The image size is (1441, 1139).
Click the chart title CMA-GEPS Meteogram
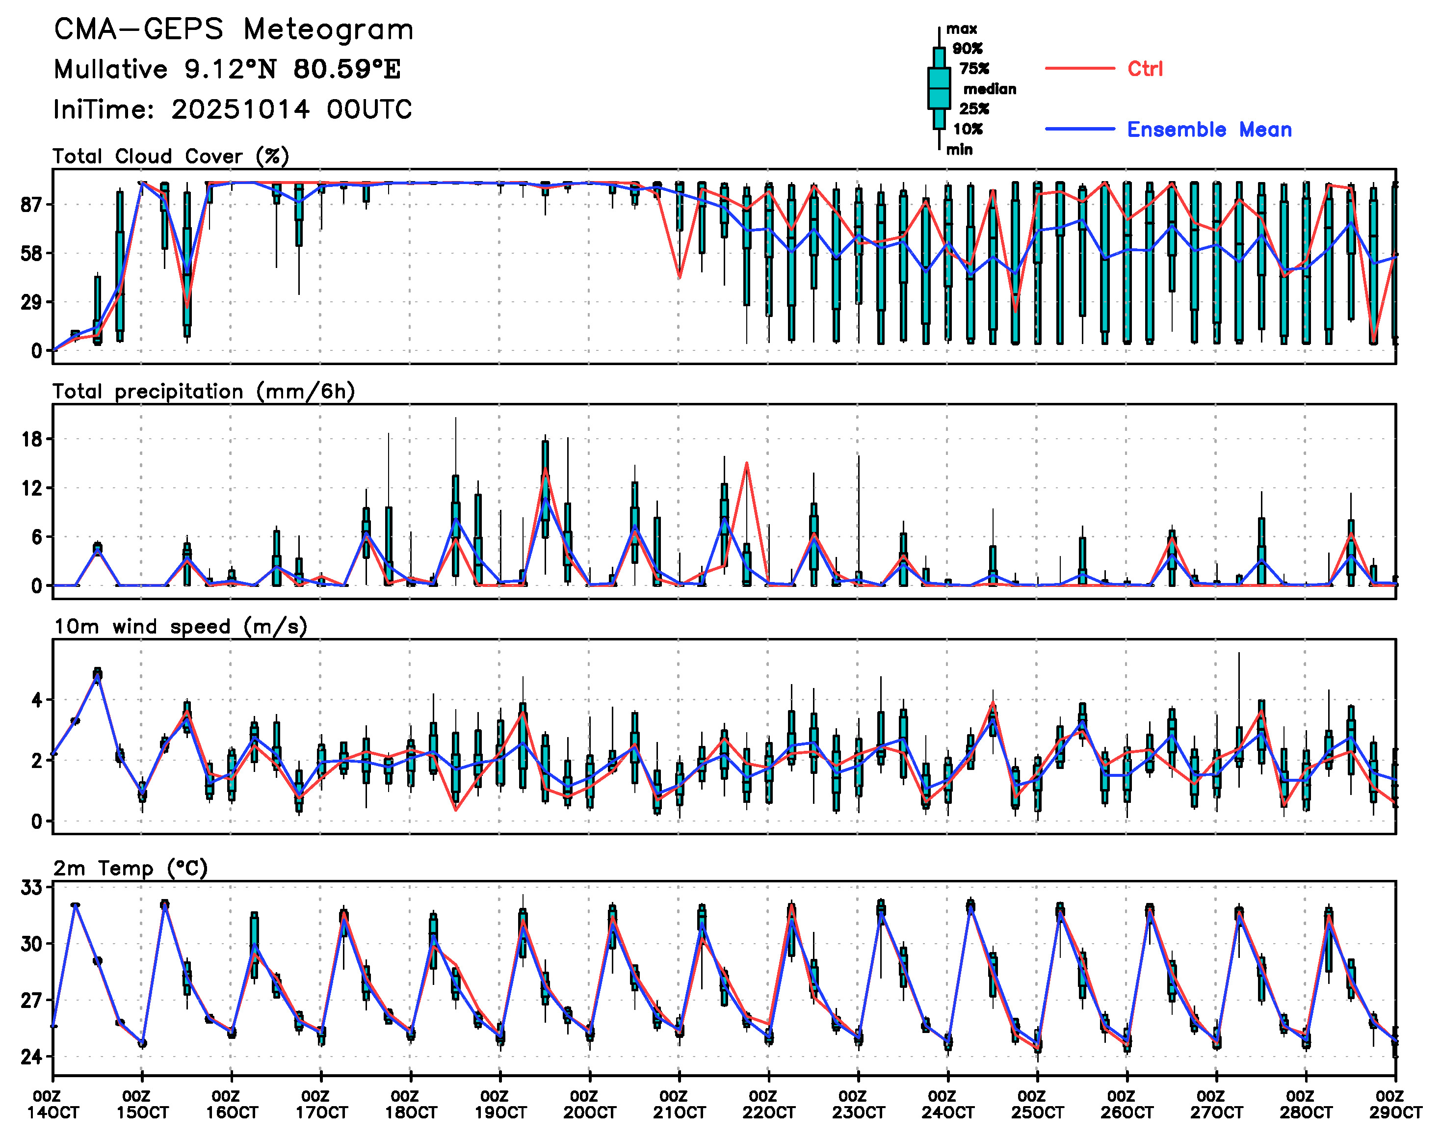pos(234,30)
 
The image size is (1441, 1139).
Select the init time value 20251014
pos(240,109)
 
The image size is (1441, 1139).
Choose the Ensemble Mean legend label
pos(1209,130)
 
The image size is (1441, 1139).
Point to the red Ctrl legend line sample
pos(1079,69)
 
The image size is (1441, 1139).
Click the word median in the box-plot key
pos(990,89)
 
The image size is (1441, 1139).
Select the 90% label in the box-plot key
pos(968,49)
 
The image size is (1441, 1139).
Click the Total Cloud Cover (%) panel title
pos(171,157)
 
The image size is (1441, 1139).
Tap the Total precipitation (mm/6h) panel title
pos(204,392)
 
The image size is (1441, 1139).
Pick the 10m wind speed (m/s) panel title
pos(180,627)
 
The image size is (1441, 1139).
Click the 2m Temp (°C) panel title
pos(131,868)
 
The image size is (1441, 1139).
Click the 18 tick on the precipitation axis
pos(32,440)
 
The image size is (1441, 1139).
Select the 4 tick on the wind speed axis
pos(37,700)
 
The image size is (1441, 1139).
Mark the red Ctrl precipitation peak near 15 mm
pos(747,463)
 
